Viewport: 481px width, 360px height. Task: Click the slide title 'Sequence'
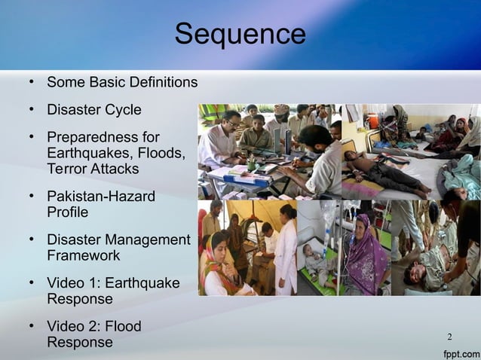[240, 35]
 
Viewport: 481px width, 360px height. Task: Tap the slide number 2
[450, 336]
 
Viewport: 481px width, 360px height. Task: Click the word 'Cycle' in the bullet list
[123, 110]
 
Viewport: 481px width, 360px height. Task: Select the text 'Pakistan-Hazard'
[101, 197]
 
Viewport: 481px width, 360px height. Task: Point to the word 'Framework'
[80, 255]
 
